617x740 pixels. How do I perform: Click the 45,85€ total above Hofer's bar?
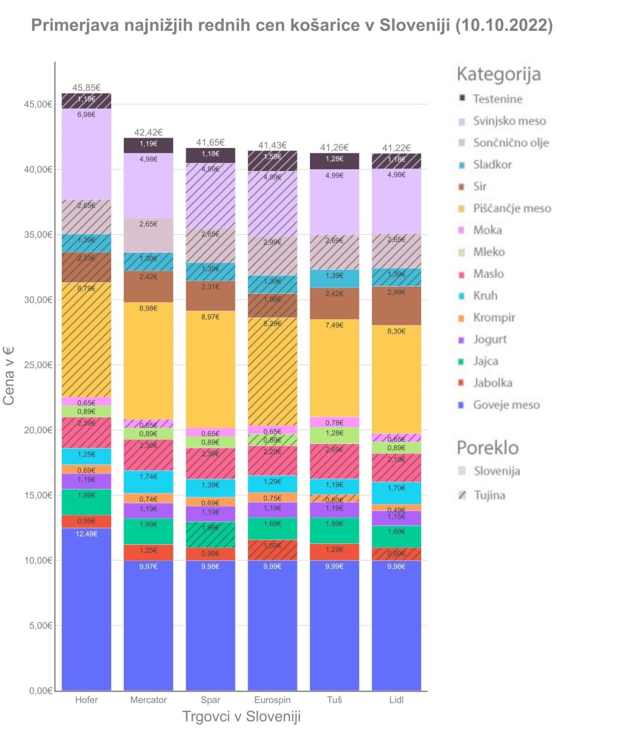click(x=86, y=88)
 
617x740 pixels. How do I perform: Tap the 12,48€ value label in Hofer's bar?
click(x=86, y=534)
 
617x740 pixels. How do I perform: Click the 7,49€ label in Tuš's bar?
click(x=334, y=325)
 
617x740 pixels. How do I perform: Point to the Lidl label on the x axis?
click(x=396, y=700)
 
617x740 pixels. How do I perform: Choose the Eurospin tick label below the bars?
click(x=273, y=700)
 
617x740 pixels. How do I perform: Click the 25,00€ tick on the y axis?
click(x=38, y=365)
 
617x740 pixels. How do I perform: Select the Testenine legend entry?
click(x=497, y=99)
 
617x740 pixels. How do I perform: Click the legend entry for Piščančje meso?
click(x=512, y=208)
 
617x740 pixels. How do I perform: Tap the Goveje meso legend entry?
click(x=506, y=405)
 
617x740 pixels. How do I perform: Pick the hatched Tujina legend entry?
click(x=489, y=495)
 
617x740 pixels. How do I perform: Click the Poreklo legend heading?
click(x=487, y=448)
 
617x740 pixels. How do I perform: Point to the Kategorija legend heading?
click(x=499, y=74)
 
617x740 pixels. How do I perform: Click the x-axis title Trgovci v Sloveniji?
click(x=242, y=717)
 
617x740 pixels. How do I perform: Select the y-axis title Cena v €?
click(x=9, y=376)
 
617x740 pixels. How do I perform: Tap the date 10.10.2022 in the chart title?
click(x=504, y=25)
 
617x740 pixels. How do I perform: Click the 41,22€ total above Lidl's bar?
click(x=396, y=148)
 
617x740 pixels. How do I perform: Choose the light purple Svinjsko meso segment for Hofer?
click(x=86, y=154)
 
